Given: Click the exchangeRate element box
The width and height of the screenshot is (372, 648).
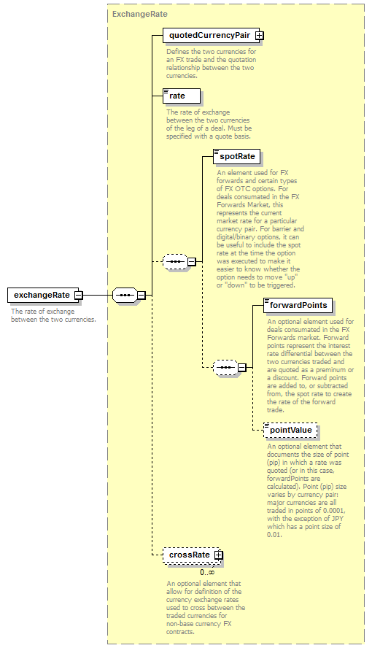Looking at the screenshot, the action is [x=45, y=295].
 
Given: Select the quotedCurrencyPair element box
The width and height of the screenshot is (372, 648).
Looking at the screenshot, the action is [x=212, y=36].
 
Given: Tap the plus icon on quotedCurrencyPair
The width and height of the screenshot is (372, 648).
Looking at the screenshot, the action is [x=259, y=36].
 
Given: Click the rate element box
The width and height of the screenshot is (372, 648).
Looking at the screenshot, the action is [x=182, y=96].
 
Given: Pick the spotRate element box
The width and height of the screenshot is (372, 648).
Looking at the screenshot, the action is [x=237, y=157].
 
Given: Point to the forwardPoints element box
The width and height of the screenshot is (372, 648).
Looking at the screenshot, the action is [x=298, y=306].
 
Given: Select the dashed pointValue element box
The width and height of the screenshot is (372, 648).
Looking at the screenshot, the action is [x=290, y=431].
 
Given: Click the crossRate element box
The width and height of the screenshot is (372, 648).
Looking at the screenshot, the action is [x=193, y=555].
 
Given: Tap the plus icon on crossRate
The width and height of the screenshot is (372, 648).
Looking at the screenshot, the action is [x=218, y=555].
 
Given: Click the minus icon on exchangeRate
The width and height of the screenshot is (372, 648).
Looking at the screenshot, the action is [x=79, y=296].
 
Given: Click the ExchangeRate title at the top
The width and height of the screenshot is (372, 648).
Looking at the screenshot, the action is [x=140, y=14].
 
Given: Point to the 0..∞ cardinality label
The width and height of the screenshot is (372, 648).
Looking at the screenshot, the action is [x=207, y=572].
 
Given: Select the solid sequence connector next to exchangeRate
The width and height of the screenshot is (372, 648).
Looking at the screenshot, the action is [x=125, y=295].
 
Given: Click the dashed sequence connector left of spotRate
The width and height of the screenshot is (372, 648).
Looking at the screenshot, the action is [x=175, y=261].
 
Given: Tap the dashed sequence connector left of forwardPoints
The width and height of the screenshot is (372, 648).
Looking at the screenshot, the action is [x=225, y=367].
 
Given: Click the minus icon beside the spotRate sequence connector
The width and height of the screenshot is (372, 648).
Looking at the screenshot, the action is [x=192, y=261].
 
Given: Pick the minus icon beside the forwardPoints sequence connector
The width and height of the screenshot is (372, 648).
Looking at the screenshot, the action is [x=242, y=367].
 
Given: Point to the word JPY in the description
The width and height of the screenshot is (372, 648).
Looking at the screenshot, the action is [x=338, y=519].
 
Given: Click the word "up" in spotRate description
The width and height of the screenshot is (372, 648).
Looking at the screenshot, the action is [x=292, y=277].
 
